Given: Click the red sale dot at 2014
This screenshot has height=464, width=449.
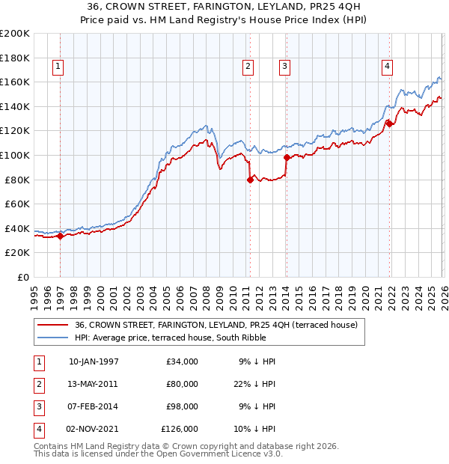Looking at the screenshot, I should click(287, 157).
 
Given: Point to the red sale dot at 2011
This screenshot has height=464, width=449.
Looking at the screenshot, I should click(250, 179).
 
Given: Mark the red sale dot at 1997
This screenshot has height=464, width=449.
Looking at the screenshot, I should click(60, 236).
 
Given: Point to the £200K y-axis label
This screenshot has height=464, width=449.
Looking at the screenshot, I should click(15, 34).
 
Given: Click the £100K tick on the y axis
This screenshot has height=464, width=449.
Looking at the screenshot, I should click(15, 155).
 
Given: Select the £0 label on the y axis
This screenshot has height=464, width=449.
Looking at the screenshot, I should click(22, 277).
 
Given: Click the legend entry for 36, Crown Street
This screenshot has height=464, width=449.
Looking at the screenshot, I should click(217, 325).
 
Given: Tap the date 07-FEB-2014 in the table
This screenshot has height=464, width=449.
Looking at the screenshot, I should click(94, 406).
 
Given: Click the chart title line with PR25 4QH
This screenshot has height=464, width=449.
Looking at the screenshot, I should click(224, 7).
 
